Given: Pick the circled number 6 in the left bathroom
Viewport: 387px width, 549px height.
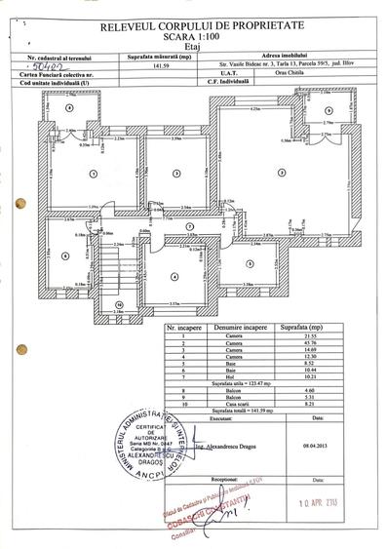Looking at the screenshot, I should (x=64, y=256).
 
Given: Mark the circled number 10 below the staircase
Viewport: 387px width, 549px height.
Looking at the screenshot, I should (x=118, y=304).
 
